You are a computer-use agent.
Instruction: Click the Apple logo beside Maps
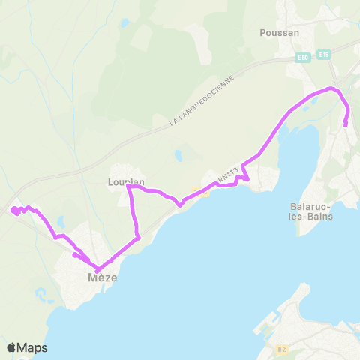click(12, 347)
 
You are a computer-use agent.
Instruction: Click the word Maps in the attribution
click(33, 347)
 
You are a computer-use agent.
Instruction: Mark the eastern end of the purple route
click(345, 124)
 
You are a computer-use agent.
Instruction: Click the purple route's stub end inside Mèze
click(74, 255)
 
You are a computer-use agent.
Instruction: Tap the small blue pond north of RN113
click(178, 157)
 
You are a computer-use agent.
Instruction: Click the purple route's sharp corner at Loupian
click(129, 187)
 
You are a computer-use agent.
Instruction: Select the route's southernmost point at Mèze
click(98, 270)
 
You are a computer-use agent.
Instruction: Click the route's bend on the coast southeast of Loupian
click(138, 238)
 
